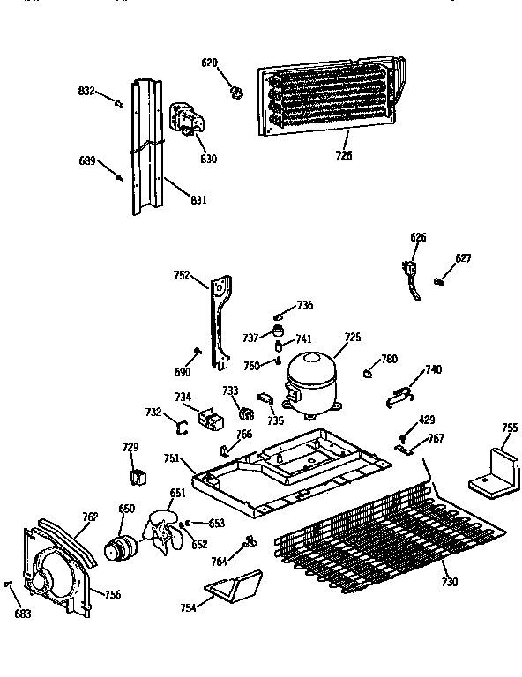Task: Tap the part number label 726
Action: point(344,155)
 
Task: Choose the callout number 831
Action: point(198,200)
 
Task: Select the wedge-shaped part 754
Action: point(232,586)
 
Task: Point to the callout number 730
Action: point(449,582)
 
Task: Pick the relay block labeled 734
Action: point(211,419)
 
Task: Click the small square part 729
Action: point(136,477)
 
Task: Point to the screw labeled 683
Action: point(7,585)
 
